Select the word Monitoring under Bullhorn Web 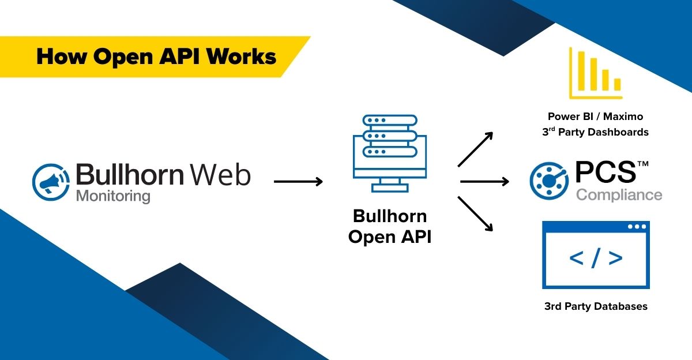(x=113, y=196)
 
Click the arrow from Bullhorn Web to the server (x=298, y=182)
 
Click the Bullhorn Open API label (x=390, y=226)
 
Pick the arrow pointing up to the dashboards (x=476, y=149)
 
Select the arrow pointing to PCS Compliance (x=484, y=182)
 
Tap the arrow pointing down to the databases (x=476, y=213)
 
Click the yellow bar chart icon (x=595, y=73)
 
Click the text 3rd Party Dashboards (x=595, y=132)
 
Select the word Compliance (x=619, y=195)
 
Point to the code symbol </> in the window (x=595, y=258)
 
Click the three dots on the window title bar (x=636, y=227)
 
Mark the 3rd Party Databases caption (x=596, y=306)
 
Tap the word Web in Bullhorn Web (x=222, y=174)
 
